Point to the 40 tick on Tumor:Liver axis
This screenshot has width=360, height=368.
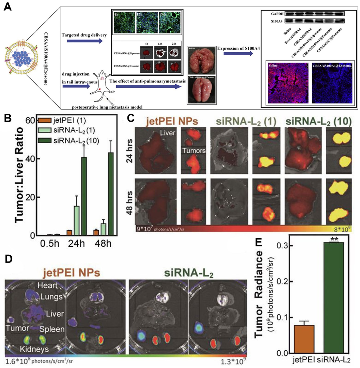[30, 159]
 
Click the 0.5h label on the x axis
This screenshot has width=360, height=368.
[50, 243]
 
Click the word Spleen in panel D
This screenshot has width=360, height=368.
[52, 329]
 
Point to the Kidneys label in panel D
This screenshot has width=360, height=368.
[34, 349]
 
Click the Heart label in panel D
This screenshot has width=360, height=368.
[47, 285]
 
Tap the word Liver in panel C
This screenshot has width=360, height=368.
[168, 133]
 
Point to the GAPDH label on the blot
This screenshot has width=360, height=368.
[277, 14]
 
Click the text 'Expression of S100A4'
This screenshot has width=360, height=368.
[238, 48]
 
